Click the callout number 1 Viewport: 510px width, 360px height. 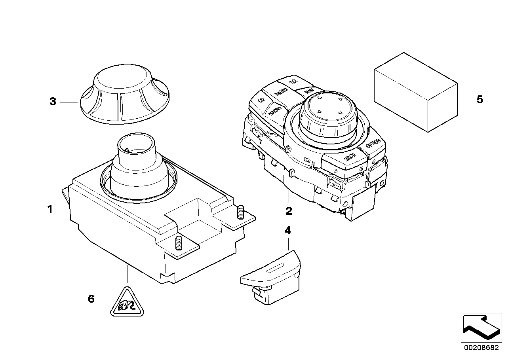(x=50, y=209)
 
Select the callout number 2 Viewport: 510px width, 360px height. (x=289, y=211)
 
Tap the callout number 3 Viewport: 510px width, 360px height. (x=53, y=101)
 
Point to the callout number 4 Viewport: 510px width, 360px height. (x=287, y=230)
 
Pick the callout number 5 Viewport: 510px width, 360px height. (x=480, y=99)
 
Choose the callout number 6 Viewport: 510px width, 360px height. (x=91, y=299)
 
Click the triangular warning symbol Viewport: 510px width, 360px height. (x=126, y=304)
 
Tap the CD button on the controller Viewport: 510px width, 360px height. (x=261, y=100)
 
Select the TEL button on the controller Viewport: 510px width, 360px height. (x=293, y=82)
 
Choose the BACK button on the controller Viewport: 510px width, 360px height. (x=350, y=158)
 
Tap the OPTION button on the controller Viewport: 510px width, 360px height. (x=373, y=145)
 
